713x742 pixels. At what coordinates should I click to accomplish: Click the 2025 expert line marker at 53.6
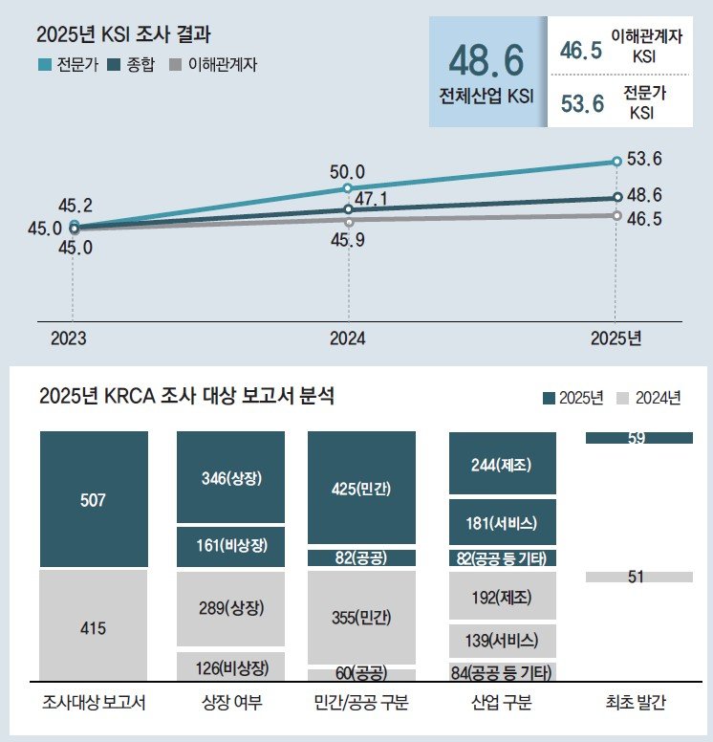(x=616, y=162)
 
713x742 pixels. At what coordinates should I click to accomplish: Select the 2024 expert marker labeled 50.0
(x=348, y=188)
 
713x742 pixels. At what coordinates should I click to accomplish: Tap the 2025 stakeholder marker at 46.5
(x=616, y=215)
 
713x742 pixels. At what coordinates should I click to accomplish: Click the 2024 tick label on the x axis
(x=347, y=338)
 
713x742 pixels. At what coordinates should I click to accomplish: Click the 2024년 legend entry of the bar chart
(x=651, y=398)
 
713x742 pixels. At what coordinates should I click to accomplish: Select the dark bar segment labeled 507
(x=94, y=499)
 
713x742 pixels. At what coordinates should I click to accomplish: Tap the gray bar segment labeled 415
(x=94, y=627)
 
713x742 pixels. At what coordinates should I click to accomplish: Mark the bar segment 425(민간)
(x=361, y=489)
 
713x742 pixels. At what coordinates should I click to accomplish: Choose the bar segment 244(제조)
(x=502, y=466)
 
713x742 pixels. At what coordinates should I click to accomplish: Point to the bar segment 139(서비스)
(x=502, y=641)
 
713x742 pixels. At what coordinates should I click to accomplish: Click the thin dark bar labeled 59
(x=638, y=438)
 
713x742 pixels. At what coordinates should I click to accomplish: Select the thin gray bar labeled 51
(x=638, y=577)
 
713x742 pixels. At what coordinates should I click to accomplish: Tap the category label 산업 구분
(x=502, y=704)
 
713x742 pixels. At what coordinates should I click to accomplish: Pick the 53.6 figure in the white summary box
(x=582, y=103)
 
